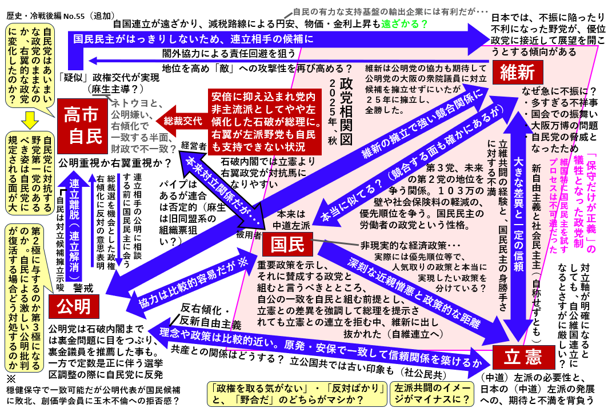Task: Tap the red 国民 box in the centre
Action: pos(287,245)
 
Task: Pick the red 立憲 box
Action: pos(523,358)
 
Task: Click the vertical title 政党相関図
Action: pos(345,111)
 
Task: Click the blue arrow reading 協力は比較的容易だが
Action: pos(183,280)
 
